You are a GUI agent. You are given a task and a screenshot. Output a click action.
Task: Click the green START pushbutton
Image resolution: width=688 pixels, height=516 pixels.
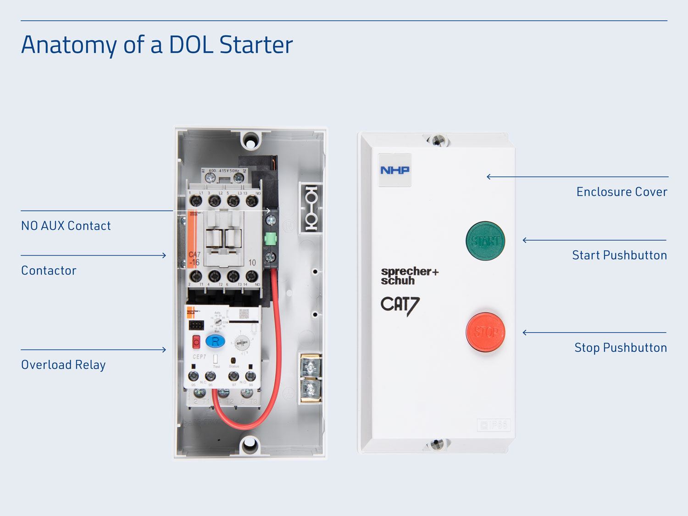485,241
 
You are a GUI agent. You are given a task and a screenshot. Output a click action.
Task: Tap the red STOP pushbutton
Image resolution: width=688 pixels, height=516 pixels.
485,332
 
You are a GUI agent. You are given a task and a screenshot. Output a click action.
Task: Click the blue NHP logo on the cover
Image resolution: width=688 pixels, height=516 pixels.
394,170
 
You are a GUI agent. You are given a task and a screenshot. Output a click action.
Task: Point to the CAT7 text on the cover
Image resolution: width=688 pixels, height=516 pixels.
399,305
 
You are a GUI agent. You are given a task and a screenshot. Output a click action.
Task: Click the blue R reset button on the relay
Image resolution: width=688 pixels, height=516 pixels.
215,341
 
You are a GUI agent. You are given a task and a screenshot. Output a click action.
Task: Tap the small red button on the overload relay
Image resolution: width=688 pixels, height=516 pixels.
196,342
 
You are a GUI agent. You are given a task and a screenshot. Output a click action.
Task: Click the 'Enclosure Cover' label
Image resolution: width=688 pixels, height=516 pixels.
621,192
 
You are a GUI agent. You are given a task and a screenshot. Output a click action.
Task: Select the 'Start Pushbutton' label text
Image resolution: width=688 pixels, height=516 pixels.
619,255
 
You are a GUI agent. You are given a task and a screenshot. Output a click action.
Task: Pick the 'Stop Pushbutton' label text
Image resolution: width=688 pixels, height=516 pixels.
620,348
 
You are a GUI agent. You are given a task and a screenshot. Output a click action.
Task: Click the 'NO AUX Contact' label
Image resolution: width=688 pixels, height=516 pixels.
66,226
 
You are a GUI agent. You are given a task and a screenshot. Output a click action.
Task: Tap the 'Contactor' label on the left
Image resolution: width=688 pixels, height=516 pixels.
49,271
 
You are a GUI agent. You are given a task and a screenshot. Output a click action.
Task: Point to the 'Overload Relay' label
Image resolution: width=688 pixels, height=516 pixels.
63,365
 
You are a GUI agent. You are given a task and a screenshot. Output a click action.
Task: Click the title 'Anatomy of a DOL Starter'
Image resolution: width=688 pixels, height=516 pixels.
157,45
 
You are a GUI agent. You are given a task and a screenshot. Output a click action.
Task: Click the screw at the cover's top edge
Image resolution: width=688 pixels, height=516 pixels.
438,140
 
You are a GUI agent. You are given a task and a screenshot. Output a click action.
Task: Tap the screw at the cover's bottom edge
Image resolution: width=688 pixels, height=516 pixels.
437,444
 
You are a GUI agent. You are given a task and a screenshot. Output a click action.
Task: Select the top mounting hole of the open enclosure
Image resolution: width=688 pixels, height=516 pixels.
250,141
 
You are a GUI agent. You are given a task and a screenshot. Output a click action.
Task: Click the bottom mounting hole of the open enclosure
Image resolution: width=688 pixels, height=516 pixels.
250,444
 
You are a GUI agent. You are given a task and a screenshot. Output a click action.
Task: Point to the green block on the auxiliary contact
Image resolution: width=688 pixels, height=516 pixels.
271,239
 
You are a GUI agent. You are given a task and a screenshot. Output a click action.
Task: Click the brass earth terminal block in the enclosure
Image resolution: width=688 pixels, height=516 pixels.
311,378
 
